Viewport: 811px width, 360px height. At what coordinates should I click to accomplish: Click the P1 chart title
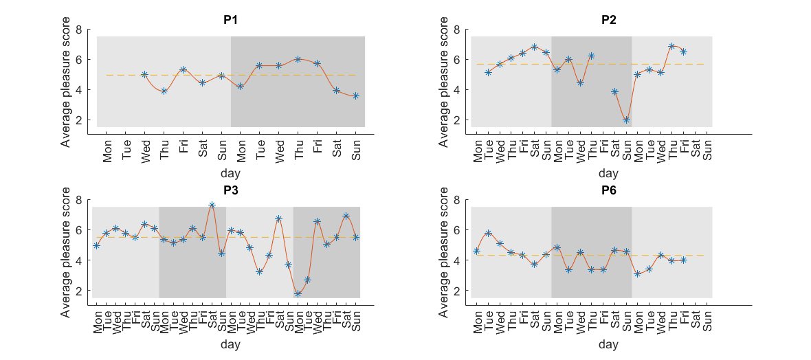tap(231, 20)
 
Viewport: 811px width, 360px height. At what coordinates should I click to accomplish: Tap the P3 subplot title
tap(231, 191)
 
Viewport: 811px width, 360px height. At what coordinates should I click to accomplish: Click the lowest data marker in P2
tap(626, 120)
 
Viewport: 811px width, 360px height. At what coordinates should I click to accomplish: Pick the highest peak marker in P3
tap(212, 205)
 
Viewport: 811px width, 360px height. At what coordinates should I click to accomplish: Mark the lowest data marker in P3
tap(298, 294)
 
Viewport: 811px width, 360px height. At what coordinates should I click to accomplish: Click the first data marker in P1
tap(144, 74)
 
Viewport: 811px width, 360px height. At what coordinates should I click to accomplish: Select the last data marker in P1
tap(355, 96)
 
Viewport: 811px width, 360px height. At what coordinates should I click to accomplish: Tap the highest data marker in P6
tap(488, 233)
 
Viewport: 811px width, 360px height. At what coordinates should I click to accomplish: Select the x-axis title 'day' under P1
tap(231, 174)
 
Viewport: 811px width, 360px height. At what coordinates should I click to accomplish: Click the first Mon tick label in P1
tap(107, 154)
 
